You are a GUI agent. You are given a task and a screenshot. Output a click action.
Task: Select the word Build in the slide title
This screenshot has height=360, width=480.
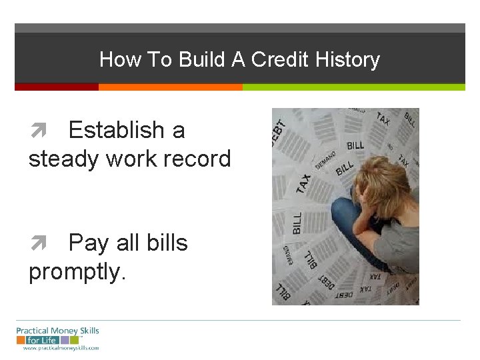click(x=200, y=60)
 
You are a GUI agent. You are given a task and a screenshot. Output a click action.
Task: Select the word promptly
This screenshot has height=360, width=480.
click(x=77, y=271)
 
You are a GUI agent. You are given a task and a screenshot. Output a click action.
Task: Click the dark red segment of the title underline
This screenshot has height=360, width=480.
click(x=57, y=87)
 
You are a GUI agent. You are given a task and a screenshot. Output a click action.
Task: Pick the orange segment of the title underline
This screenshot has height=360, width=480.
click(x=170, y=87)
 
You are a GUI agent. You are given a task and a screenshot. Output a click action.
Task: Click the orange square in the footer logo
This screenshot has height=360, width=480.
click(x=55, y=340)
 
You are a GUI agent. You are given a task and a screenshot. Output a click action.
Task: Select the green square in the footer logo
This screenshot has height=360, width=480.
click(x=65, y=340)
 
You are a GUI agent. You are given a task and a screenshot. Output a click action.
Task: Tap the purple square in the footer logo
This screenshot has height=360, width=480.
click(x=74, y=340)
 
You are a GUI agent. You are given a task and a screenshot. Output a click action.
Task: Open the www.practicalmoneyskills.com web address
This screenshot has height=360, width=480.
click(x=61, y=348)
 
